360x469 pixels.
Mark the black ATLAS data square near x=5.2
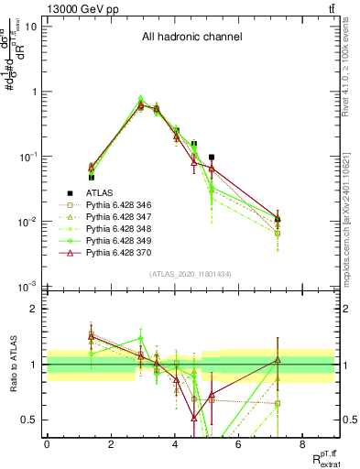pos(212,158)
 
